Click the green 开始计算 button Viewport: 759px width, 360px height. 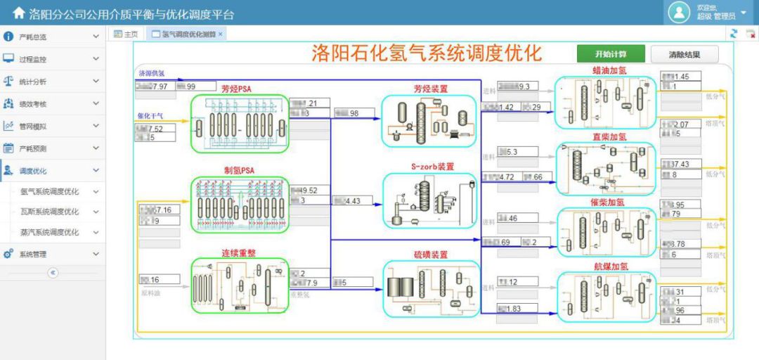pos(610,54)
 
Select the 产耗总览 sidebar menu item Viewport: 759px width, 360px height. pos(33,37)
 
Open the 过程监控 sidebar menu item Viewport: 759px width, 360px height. pos(33,59)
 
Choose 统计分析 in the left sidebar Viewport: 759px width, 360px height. pos(33,82)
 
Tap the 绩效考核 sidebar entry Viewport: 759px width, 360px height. pos(33,104)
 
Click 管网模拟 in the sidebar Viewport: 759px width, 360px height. pos(33,127)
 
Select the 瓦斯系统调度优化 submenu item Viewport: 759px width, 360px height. pos(50,212)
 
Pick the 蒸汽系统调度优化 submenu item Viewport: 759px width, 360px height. pos(50,233)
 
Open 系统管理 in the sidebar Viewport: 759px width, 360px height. pos(33,255)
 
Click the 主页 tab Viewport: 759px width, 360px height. pos(126,34)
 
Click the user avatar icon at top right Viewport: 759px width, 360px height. pos(679,12)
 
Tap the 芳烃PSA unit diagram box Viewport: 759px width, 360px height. pos(240,124)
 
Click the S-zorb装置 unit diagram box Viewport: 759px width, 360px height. pos(429,200)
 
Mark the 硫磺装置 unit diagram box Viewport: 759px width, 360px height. pos(429,288)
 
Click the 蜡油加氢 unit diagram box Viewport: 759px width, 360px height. pos(604,103)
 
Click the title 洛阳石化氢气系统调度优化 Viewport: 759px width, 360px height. pos(427,53)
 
